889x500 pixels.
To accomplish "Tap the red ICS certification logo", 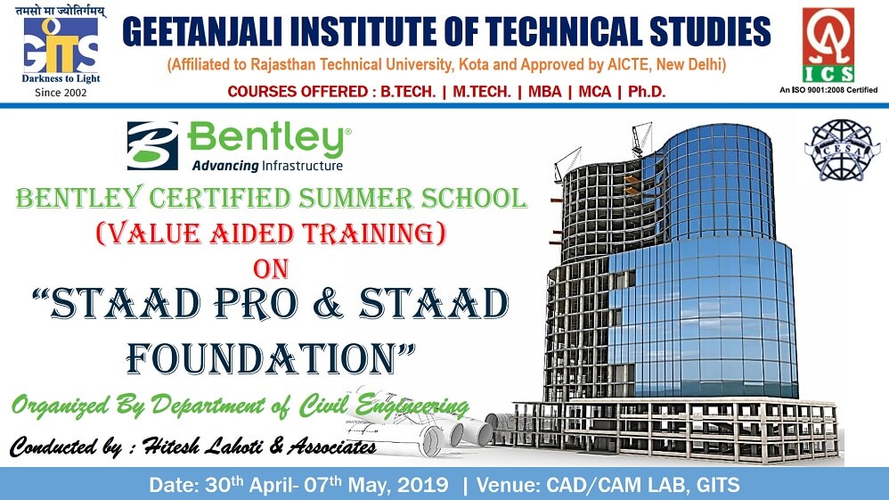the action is click(828, 45).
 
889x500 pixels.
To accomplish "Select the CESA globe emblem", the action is click(842, 150).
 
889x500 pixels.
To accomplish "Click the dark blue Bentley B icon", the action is click(152, 146).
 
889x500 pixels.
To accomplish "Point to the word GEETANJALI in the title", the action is click(202, 31).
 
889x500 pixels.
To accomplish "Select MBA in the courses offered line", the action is click(545, 92).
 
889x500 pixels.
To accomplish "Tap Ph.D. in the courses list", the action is click(647, 92).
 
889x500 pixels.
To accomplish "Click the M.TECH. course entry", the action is click(482, 92).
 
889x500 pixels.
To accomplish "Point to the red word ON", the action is click(271, 269).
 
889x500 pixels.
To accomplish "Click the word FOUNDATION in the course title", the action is click(261, 358).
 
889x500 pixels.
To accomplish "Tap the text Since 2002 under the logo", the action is click(61, 93).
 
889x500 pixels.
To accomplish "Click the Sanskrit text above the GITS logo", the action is click(60, 11).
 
